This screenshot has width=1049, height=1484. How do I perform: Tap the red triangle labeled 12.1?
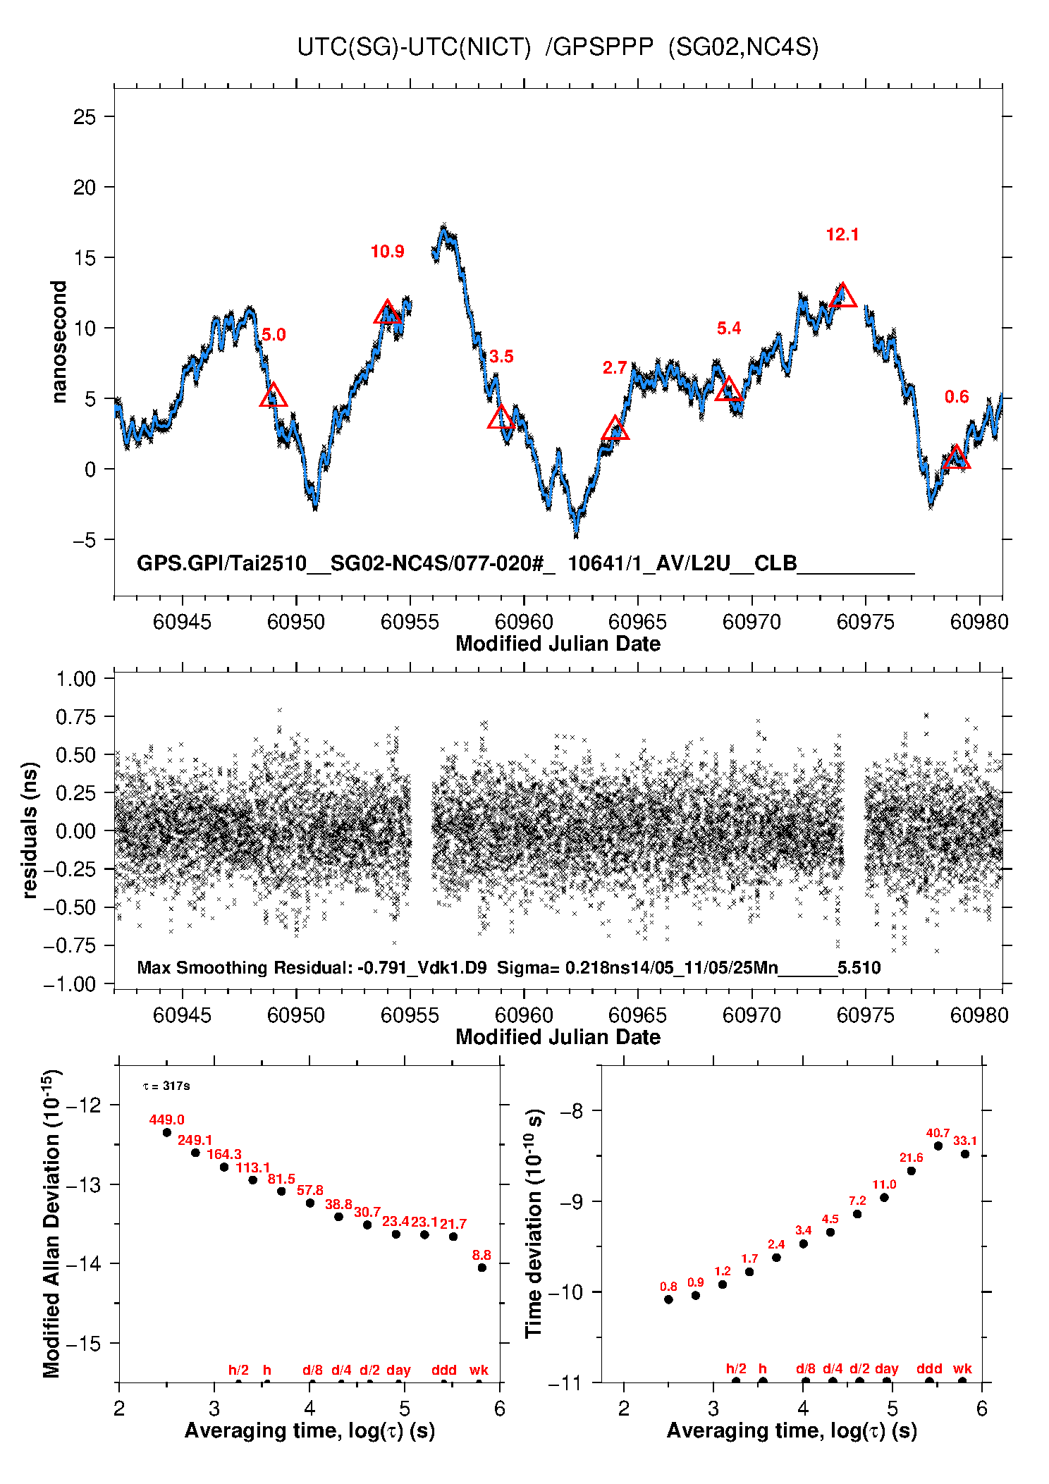point(842,297)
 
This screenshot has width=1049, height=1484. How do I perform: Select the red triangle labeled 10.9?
point(387,313)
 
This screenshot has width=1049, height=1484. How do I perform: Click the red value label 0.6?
point(957,397)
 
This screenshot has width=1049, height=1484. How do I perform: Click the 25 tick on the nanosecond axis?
point(85,116)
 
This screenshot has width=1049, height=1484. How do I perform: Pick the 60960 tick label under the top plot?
point(524,622)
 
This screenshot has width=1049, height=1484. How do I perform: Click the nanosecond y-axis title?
point(59,342)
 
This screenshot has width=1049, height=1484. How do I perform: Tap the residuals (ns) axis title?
point(30,830)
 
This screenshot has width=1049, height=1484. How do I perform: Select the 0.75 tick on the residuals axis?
point(75,717)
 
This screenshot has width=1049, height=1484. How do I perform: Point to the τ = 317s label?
point(166,1086)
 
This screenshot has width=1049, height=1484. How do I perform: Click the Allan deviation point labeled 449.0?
point(167,1132)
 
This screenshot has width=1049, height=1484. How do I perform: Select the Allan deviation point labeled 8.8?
point(482,1268)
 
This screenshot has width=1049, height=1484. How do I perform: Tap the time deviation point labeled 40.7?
point(938,1146)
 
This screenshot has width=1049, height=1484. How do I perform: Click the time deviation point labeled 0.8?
point(668,1299)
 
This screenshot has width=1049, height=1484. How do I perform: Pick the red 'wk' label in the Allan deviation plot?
point(479,1370)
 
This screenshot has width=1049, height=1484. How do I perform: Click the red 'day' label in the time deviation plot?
point(886,1368)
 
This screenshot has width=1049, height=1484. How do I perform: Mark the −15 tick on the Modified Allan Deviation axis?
point(82,1343)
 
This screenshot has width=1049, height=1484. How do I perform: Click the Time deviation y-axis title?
point(534,1223)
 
